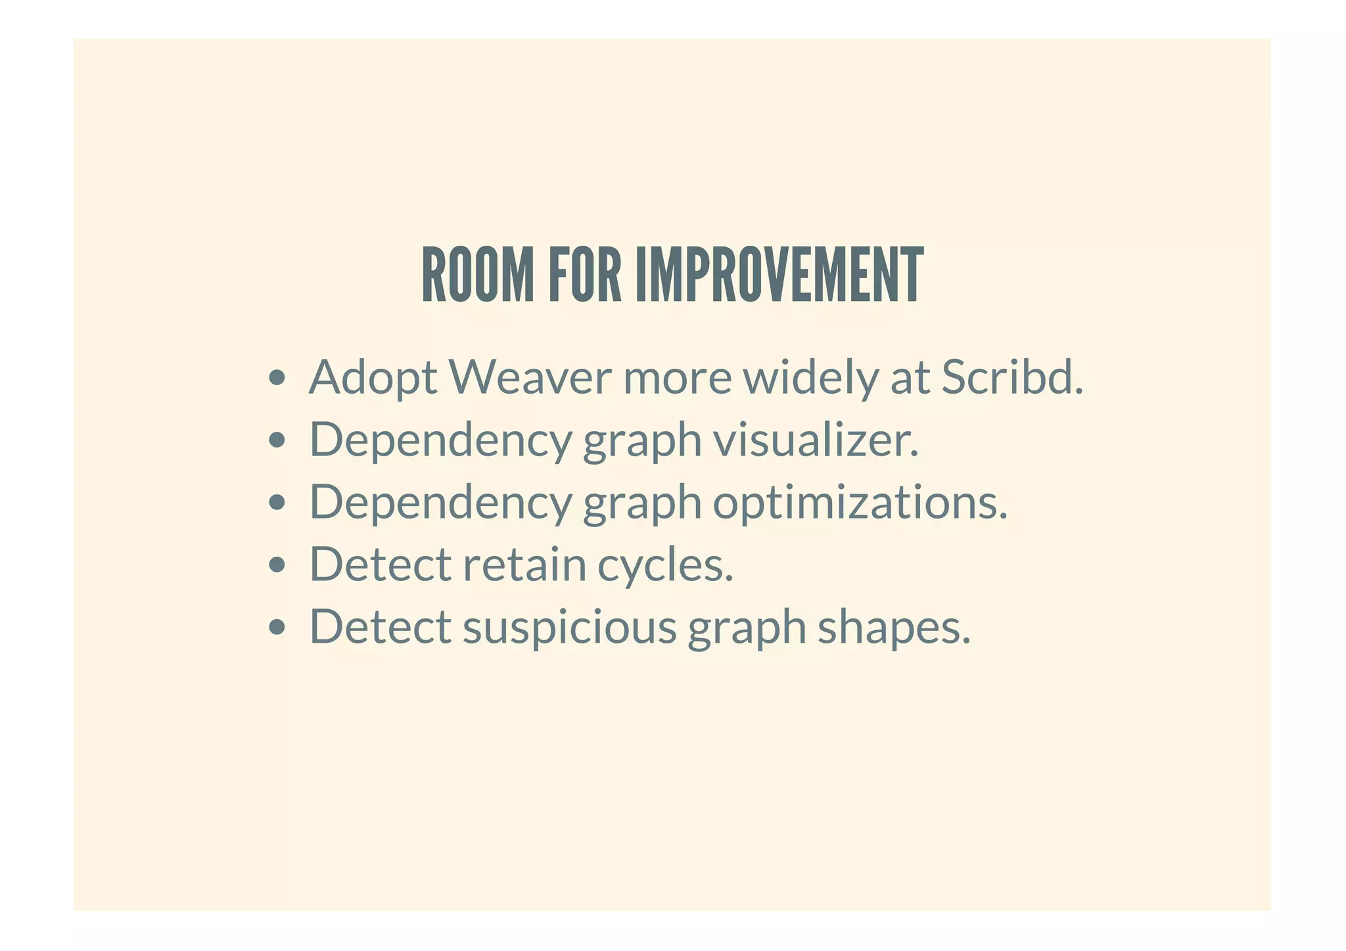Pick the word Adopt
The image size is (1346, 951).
(373, 379)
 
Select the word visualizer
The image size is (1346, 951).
(816, 439)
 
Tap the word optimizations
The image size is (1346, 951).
(860, 503)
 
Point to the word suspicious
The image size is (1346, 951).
(569, 627)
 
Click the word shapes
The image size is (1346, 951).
(894, 627)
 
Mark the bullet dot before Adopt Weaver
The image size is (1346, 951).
(277, 378)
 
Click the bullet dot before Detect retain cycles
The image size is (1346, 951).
(277, 565)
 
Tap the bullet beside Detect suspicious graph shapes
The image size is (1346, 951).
(277, 627)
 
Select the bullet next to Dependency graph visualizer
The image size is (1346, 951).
(277, 440)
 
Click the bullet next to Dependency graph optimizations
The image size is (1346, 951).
(277, 502)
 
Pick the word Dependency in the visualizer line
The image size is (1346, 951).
(440, 440)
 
